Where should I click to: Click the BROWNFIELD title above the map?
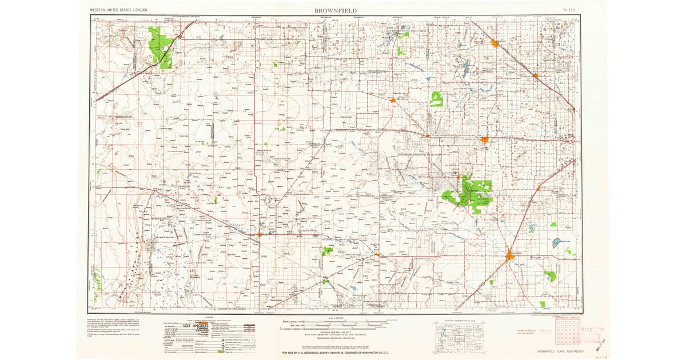coord(335,10)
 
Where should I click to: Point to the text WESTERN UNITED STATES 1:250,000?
coord(118,10)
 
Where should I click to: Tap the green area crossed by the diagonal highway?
coord(161,47)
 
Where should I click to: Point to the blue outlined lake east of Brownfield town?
coord(556,243)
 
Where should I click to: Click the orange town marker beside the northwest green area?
coord(180,37)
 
